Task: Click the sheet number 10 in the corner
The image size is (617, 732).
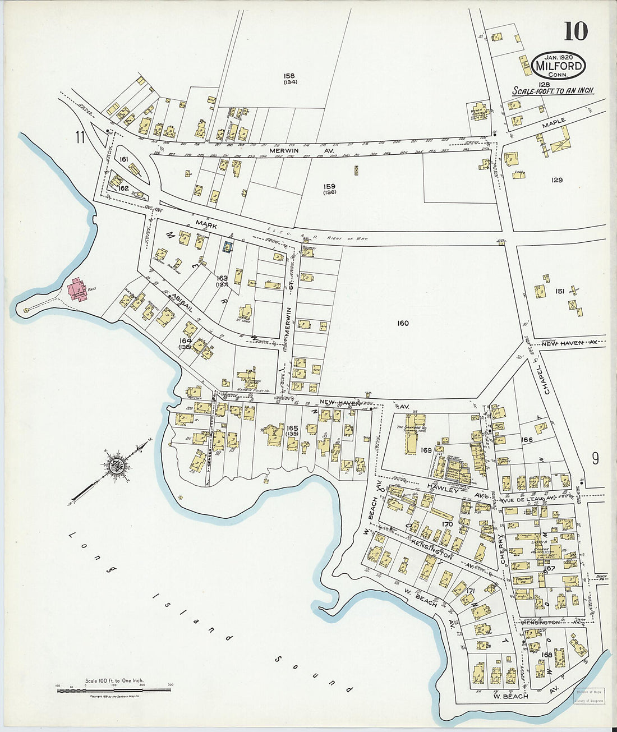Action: click(x=576, y=31)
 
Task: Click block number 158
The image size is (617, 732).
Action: click(x=289, y=76)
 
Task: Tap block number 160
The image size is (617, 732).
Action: click(x=402, y=323)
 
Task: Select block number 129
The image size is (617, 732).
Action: click(x=556, y=180)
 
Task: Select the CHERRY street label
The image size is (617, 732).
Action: click(x=503, y=549)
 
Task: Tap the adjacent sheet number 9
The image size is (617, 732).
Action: click(x=595, y=459)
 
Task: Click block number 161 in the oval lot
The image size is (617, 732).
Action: click(x=124, y=160)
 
